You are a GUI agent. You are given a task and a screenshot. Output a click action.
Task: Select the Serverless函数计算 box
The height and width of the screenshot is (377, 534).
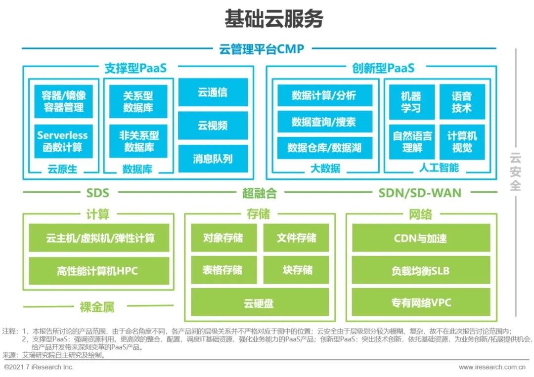coord(63,141)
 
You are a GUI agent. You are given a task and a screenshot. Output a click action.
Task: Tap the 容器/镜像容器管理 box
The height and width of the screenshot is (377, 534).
coord(63,101)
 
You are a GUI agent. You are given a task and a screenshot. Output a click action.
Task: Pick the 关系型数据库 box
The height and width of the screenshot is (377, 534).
coord(138,101)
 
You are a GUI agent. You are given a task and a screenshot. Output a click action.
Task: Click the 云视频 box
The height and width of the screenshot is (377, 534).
coord(213,126)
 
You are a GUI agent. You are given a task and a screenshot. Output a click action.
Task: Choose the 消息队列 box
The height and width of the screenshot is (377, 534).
coord(213,159)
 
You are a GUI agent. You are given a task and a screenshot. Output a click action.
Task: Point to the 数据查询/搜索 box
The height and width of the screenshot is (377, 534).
coord(324,122)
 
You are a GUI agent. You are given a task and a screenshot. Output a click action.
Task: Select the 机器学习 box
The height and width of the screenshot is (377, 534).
coord(411,102)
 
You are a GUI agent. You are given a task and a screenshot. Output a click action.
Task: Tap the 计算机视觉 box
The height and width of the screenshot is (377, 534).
coord(462,141)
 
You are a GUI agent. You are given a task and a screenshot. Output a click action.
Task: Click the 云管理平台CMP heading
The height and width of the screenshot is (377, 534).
coord(262,49)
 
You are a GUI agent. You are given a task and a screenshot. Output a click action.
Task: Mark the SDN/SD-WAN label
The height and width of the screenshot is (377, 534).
coord(420,193)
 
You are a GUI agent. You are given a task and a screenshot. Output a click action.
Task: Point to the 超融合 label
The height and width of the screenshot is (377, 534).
coord(260,193)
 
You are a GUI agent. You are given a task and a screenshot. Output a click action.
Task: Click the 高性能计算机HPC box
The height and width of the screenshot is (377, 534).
coord(97,271)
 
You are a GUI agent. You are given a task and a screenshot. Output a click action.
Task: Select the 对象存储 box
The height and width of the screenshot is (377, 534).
coord(223,238)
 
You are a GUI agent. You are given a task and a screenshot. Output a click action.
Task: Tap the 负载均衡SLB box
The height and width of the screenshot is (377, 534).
coord(420,271)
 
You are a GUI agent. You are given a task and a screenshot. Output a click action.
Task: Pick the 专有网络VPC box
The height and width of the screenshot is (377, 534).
coord(421,302)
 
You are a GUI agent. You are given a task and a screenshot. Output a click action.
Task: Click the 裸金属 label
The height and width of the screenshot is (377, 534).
coord(97,307)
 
